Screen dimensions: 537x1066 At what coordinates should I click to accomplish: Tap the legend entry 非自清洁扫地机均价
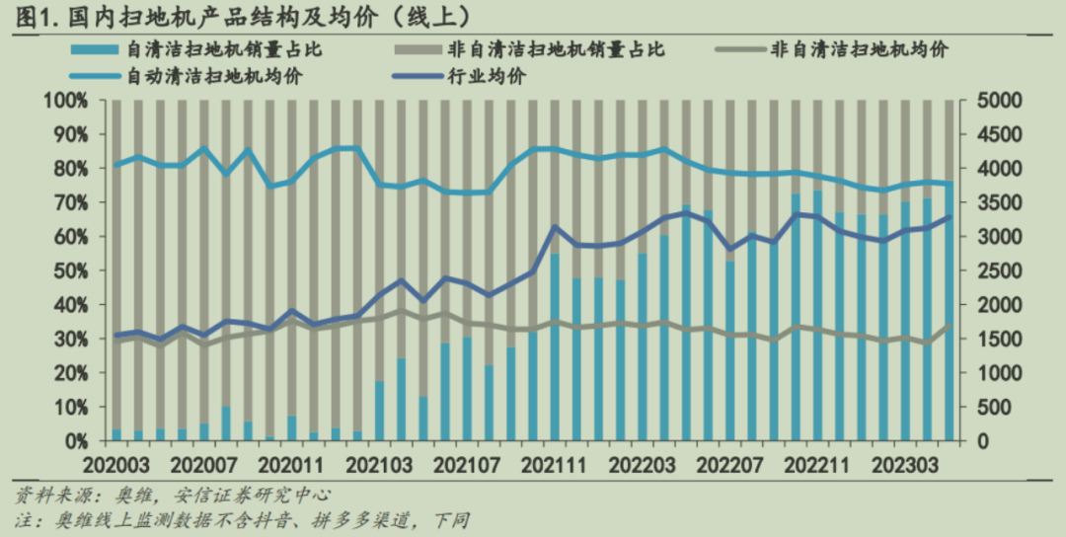(x=859, y=49)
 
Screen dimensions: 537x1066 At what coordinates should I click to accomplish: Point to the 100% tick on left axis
(x=67, y=101)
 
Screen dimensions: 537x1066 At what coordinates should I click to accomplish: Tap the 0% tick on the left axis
(x=76, y=440)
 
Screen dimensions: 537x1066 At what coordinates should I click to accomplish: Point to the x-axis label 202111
(x=552, y=463)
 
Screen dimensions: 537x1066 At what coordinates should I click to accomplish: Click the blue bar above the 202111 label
(x=555, y=345)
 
